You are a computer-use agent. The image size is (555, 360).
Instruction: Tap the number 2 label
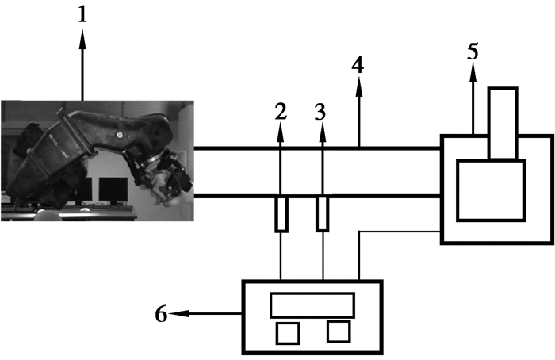click(x=280, y=113)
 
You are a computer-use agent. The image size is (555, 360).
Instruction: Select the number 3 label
click(x=320, y=113)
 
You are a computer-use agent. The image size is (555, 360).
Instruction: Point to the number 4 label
click(x=358, y=66)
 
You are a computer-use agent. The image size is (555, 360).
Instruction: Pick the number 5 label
click(x=473, y=53)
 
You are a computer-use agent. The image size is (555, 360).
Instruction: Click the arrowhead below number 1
click(x=82, y=35)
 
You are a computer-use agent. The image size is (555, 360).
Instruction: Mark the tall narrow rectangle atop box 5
click(x=503, y=123)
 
